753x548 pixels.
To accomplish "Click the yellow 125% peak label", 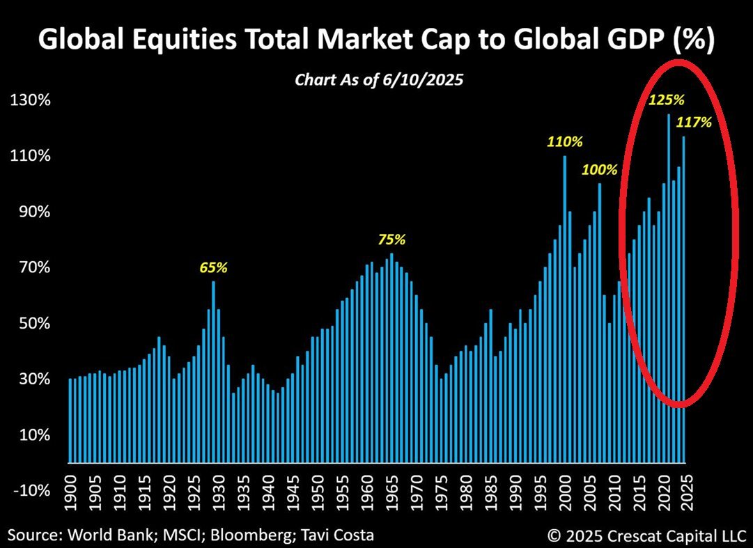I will [x=665, y=100].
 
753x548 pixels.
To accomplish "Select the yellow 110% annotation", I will [x=564, y=142].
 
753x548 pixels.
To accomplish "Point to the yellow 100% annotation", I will [x=600, y=169].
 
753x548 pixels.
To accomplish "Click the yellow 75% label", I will [x=391, y=240].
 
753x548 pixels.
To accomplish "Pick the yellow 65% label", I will [x=214, y=267].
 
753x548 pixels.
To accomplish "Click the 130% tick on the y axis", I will [x=30, y=100].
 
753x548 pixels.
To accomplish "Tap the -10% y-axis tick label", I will [x=30, y=491].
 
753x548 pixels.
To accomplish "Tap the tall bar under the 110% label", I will [x=564, y=306].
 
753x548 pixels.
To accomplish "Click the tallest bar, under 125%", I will [x=669, y=285].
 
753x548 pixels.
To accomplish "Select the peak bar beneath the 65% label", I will [x=214, y=369].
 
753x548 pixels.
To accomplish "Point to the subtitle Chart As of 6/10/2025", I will [x=379, y=80].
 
